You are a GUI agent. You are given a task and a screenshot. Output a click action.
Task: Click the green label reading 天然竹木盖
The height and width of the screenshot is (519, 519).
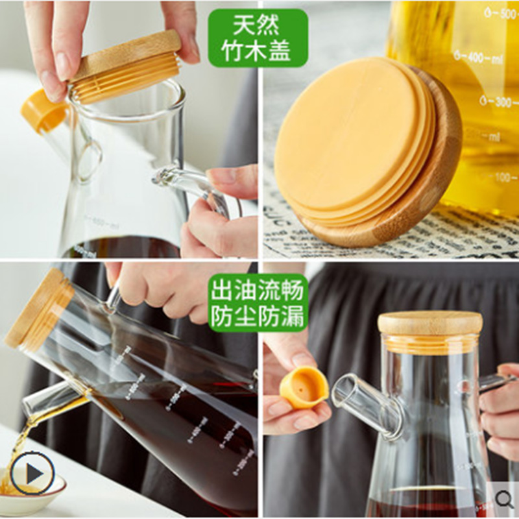pos(258,38)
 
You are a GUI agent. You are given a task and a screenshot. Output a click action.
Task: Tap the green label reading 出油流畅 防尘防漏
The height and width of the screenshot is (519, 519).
pos(258,303)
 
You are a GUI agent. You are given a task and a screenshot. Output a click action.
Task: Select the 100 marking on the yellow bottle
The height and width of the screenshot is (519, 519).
pos(505,176)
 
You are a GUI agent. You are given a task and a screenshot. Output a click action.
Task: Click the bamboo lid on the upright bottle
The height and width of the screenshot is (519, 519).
pos(429,323)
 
